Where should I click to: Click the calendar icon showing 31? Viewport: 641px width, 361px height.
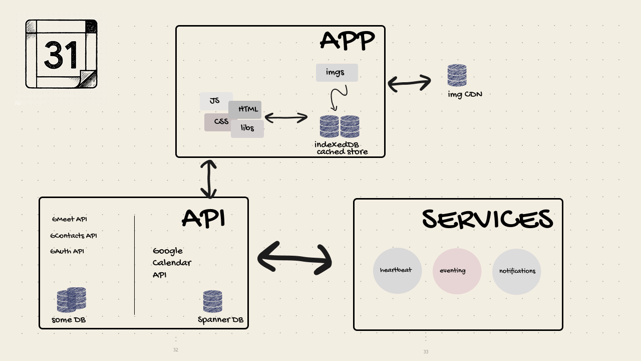tap(61, 54)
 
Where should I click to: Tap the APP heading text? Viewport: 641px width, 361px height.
tap(347, 41)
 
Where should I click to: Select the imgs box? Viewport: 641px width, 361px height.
tap(337, 73)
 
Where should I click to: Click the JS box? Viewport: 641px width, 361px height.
tap(214, 101)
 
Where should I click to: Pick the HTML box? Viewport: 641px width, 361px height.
tap(246, 109)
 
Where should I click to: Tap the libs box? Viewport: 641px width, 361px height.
tap(247, 128)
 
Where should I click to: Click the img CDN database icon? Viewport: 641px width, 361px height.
tap(457, 76)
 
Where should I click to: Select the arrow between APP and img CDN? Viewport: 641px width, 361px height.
tap(409, 83)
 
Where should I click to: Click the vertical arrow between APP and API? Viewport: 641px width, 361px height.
tap(208, 179)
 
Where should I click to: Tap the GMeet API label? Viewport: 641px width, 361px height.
tap(70, 219)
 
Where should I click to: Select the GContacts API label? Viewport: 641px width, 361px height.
tap(73, 236)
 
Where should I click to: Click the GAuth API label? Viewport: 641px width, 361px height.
tap(67, 252)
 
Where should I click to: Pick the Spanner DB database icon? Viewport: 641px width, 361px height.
tap(212, 302)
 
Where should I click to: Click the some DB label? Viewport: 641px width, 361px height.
tap(69, 320)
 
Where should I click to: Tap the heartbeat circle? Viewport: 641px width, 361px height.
tap(397, 271)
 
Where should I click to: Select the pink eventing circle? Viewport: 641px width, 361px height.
tap(457, 271)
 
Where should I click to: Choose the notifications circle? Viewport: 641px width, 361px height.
tap(516, 271)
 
